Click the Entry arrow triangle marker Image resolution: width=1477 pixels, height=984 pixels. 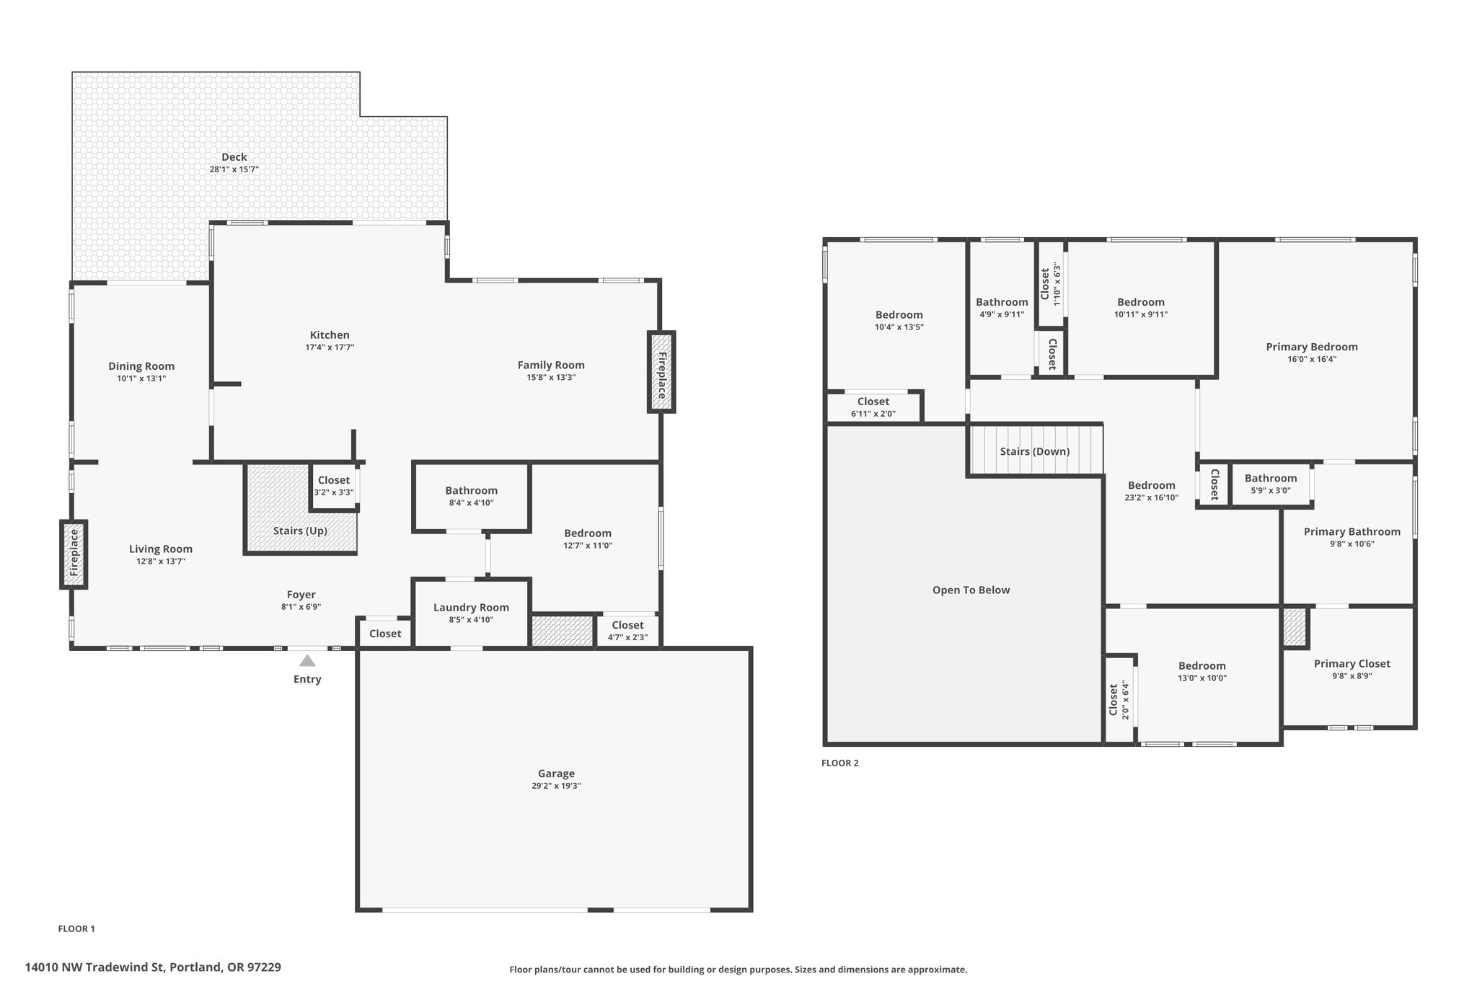click(x=307, y=660)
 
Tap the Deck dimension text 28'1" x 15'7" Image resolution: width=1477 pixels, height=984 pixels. click(x=234, y=169)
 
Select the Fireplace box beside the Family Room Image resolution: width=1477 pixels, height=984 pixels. click(x=661, y=372)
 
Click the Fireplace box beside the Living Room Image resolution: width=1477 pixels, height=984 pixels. click(x=74, y=554)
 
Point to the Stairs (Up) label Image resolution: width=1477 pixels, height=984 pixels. click(x=300, y=531)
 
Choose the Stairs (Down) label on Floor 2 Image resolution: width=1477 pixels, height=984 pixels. click(x=1035, y=451)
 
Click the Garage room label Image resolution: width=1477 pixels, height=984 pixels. click(x=556, y=774)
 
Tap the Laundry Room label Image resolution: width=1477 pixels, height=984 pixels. click(x=471, y=608)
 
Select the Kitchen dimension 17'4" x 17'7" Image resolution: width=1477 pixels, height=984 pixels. click(x=330, y=347)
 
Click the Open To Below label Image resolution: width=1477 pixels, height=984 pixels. click(x=971, y=590)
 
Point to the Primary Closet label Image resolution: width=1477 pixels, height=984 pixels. click(x=1352, y=664)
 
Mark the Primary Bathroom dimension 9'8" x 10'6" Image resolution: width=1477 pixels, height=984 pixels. click(x=1352, y=544)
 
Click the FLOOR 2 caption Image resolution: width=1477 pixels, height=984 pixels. click(x=840, y=763)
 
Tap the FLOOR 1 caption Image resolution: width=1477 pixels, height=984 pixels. click(x=76, y=929)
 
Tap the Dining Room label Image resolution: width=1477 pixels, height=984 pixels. click(x=141, y=366)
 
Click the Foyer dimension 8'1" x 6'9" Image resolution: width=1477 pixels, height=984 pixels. click(x=301, y=607)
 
